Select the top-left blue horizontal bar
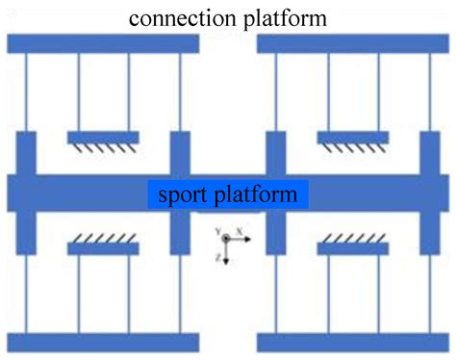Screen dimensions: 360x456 tap(102, 43)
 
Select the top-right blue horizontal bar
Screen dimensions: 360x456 tap(353, 43)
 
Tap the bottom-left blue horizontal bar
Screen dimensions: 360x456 tap(102, 342)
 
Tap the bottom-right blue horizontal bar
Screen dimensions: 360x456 tap(353, 342)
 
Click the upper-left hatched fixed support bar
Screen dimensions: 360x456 tap(103, 138)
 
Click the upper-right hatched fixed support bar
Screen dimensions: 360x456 tap(353, 138)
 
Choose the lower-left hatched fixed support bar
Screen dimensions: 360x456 tap(103, 248)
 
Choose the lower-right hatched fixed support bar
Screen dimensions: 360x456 tap(353, 248)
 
